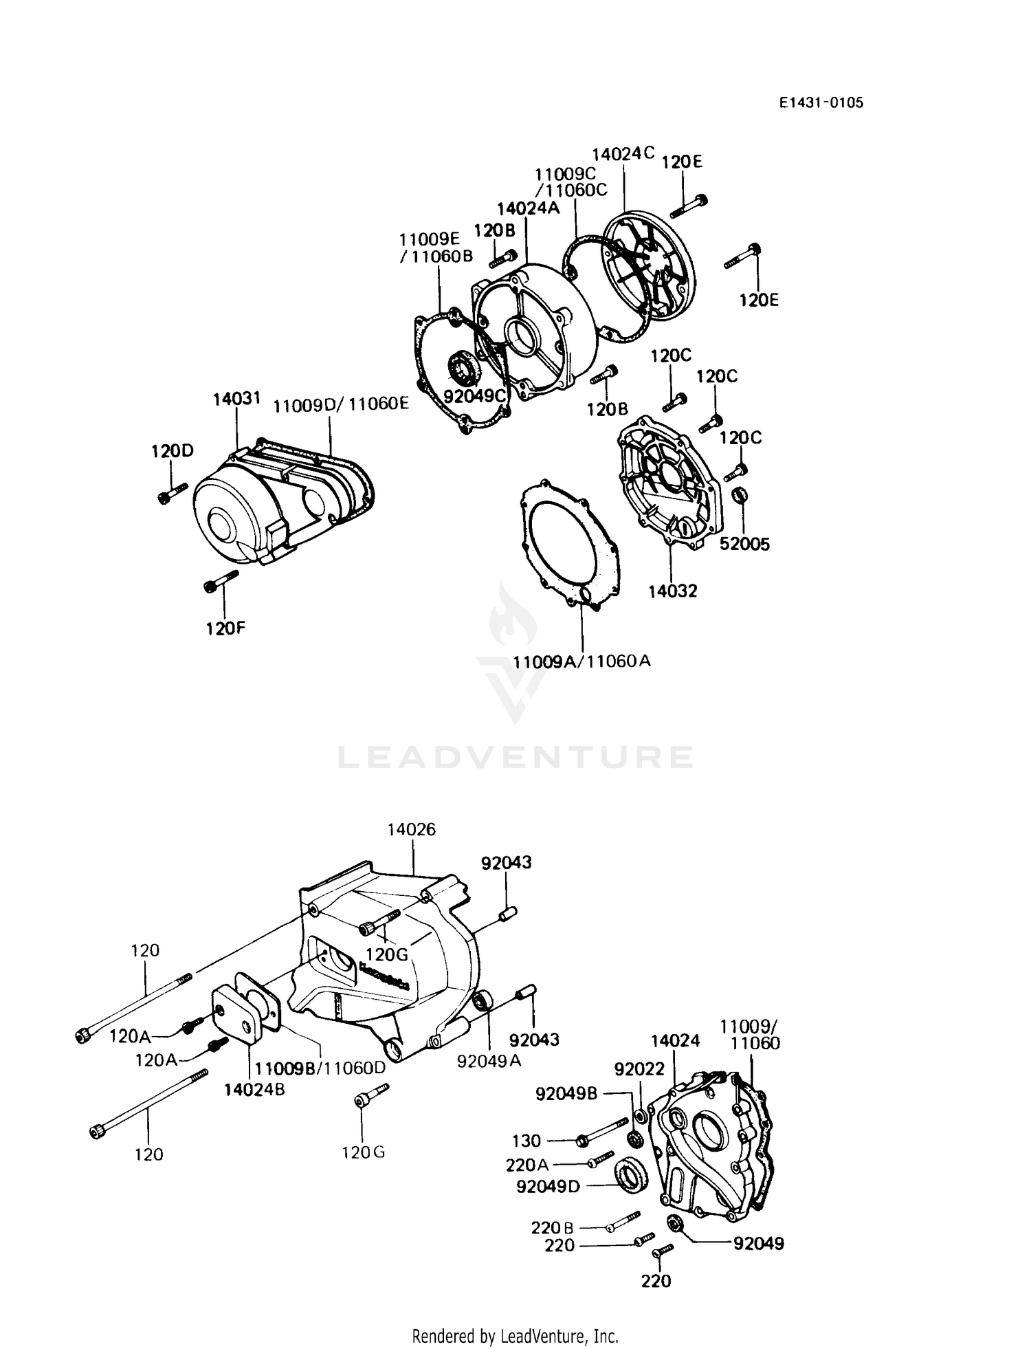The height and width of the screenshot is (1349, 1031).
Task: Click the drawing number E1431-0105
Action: [821, 103]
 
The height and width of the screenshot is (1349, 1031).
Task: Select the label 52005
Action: [744, 544]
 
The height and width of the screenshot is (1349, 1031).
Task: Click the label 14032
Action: [672, 591]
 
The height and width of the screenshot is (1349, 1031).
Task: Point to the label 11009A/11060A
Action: [581, 661]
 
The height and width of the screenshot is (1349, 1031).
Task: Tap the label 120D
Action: [173, 451]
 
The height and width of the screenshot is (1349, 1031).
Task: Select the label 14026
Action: [411, 829]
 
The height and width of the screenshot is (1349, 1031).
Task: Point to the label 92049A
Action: [489, 1061]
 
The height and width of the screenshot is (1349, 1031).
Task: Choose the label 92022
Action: [639, 1068]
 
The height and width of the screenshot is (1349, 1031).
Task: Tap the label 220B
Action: [551, 1227]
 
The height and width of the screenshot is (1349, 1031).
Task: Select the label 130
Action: [526, 1141]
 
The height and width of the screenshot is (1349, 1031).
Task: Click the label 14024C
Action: [623, 153]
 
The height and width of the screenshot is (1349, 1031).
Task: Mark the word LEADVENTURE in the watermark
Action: [515, 757]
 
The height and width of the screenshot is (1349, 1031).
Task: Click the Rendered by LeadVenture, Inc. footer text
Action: [515, 1336]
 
